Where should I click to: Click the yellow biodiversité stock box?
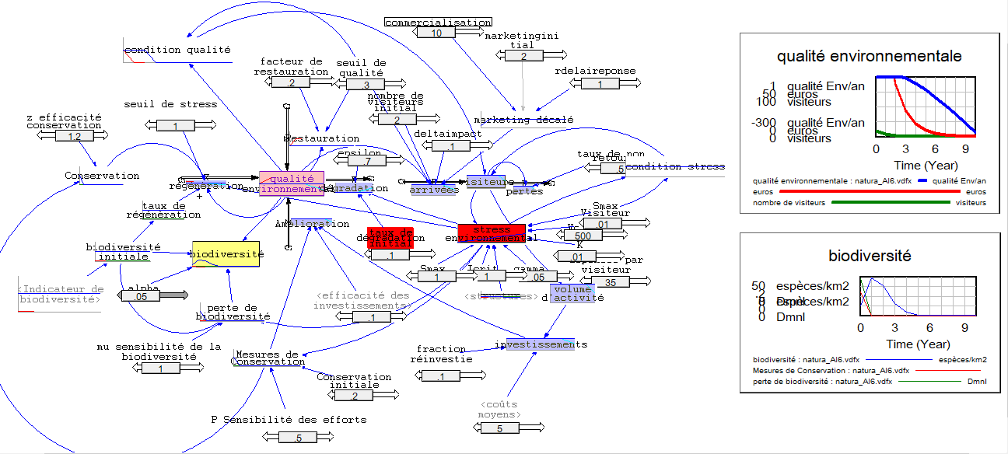click(226, 254)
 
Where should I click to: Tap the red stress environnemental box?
click(491, 233)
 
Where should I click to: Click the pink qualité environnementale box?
click(291, 183)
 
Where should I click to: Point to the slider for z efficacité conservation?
click(75, 136)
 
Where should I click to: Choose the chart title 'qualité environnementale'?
click(869, 56)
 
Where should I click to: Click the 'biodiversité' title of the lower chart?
click(869, 256)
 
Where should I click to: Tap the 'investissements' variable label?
click(541, 344)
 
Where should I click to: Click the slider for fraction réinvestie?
click(441, 376)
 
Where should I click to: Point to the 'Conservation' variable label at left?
click(102, 176)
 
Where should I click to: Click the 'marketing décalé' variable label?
click(523, 120)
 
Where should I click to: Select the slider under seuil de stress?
click(175, 125)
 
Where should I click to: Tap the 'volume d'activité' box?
click(572, 293)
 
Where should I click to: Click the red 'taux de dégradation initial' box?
click(390, 237)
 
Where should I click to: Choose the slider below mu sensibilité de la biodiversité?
click(161, 368)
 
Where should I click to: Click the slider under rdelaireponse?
click(600, 84)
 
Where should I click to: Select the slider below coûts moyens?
click(499, 428)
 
